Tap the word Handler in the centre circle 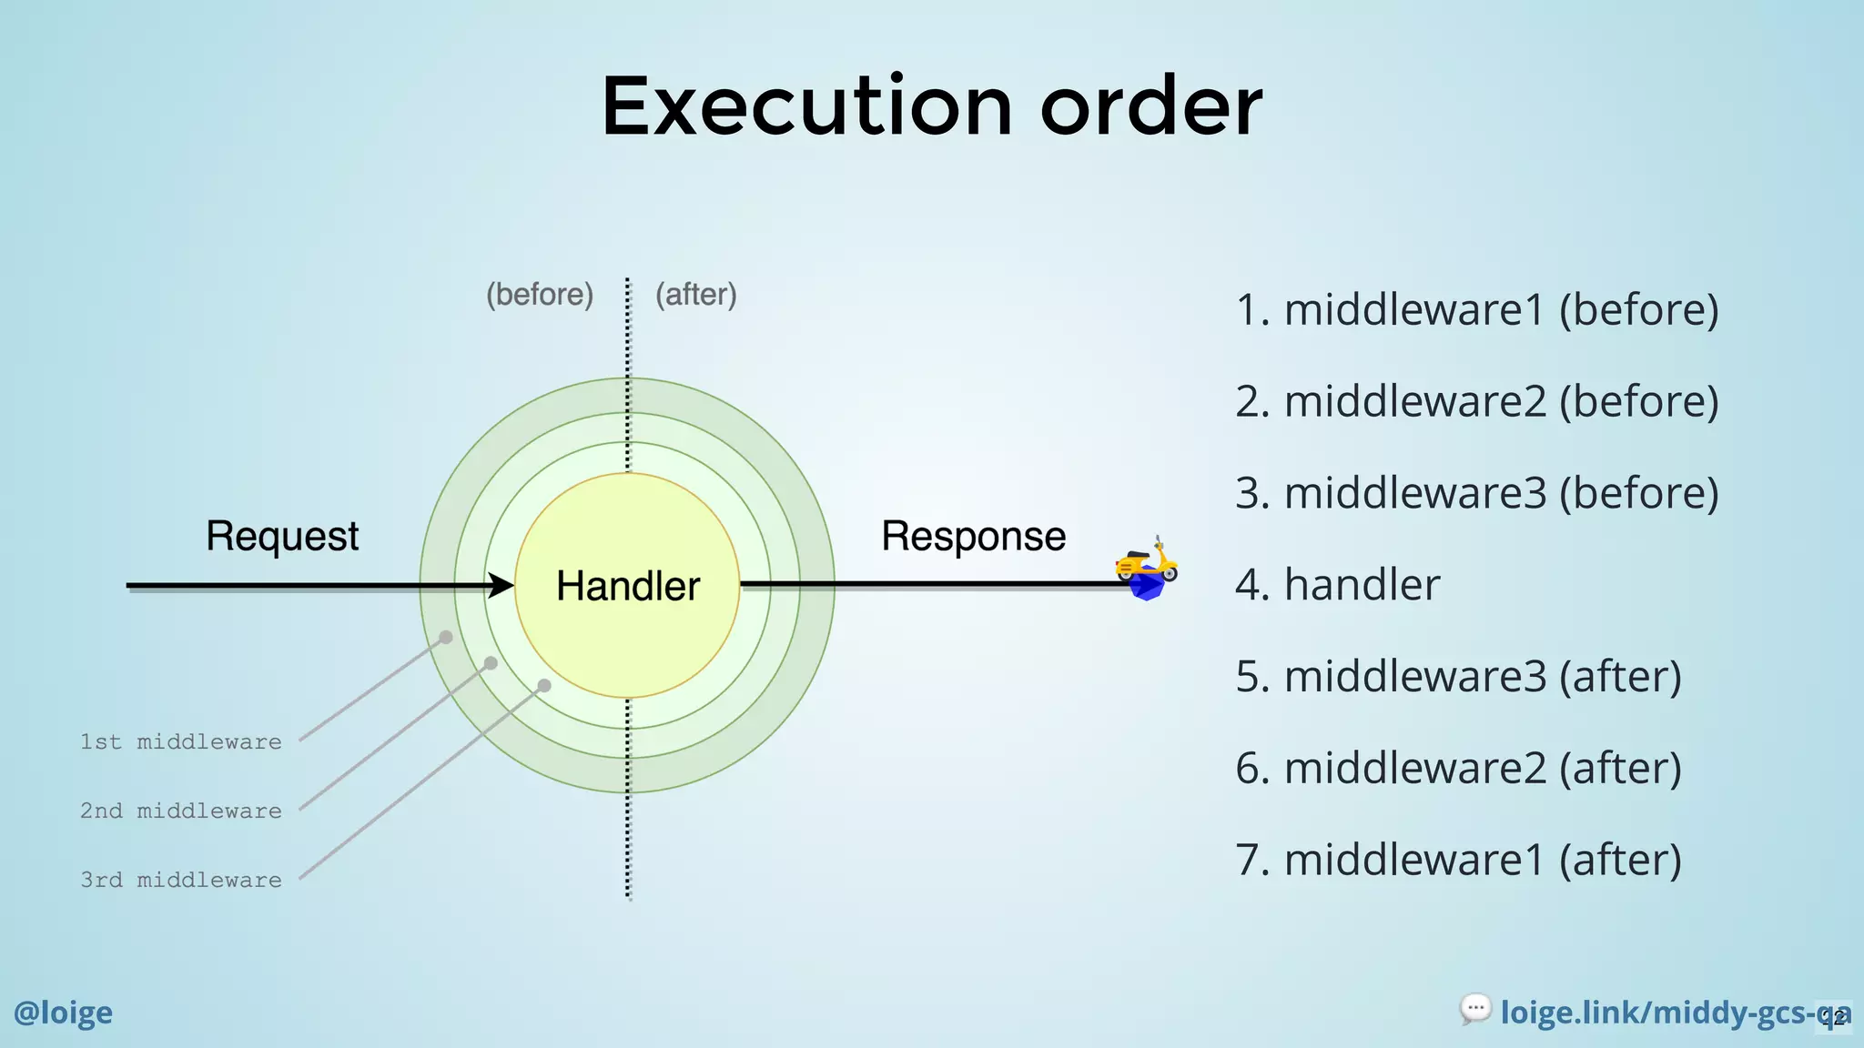pos(628,586)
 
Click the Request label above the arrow pos(282,536)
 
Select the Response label pos(973,536)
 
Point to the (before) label pos(540,295)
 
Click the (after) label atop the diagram pos(696,295)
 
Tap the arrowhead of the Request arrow pos(501,585)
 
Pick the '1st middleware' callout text pos(181,741)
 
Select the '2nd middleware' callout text pos(181,811)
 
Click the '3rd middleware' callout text pos(181,880)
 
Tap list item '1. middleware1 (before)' pos(1476,310)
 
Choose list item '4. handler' pos(1337,585)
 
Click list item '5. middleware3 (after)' pos(1458,677)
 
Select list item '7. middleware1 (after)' pos(1458,860)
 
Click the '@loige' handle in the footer pos(63,1013)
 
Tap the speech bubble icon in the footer pos(1475,1008)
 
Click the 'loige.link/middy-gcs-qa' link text pos(1666,1013)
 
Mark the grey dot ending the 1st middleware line pos(446,637)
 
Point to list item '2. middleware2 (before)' pos(1476,401)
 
